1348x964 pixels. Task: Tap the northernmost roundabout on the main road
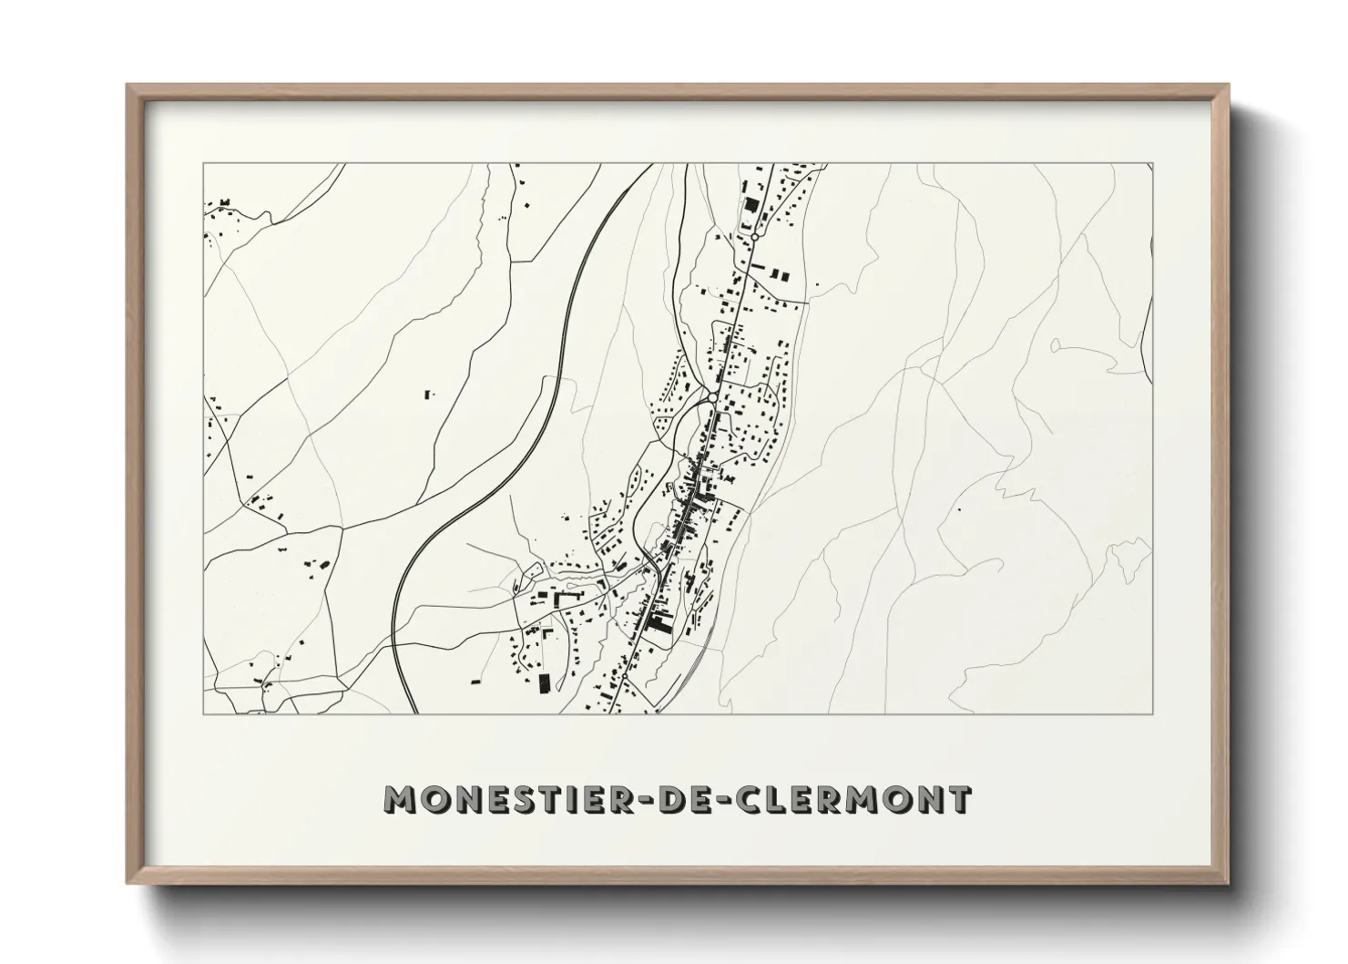point(754,237)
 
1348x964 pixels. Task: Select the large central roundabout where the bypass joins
point(710,397)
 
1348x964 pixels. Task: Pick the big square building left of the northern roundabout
point(751,205)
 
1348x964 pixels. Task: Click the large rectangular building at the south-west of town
point(545,683)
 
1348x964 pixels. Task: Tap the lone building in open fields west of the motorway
point(428,394)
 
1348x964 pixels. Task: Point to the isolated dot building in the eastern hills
point(957,508)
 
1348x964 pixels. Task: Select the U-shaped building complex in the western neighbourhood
point(567,597)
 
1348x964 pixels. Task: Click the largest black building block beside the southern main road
point(658,626)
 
